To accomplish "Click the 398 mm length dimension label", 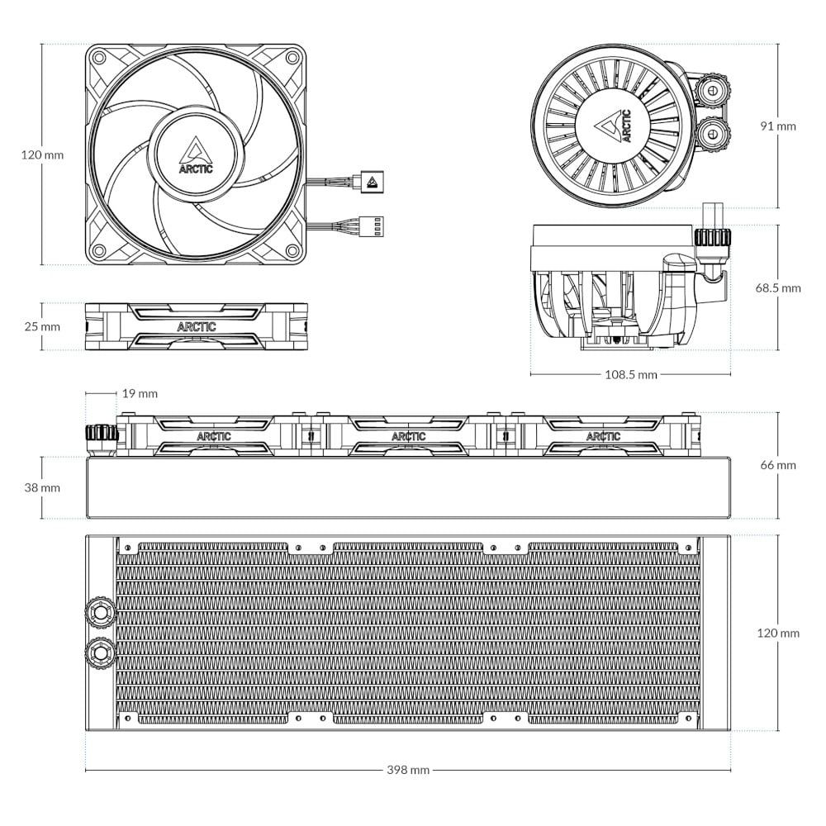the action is coord(408,770).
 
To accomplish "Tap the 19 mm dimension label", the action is coord(140,393).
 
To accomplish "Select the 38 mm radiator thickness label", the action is coord(42,488).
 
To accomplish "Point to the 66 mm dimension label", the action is coord(778,465).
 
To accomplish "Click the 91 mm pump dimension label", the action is coord(778,126).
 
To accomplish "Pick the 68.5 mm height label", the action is coord(778,288).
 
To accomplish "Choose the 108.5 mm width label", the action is coord(631,374).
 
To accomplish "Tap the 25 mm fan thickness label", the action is coord(42,326).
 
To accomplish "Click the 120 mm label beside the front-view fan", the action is coord(42,155).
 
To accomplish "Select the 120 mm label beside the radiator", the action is coord(778,633).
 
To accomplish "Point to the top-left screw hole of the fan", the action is coord(98,58).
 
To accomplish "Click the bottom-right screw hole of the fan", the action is coord(293,250).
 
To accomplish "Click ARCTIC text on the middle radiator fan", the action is coord(409,436).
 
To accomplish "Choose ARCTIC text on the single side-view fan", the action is coord(197,326).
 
